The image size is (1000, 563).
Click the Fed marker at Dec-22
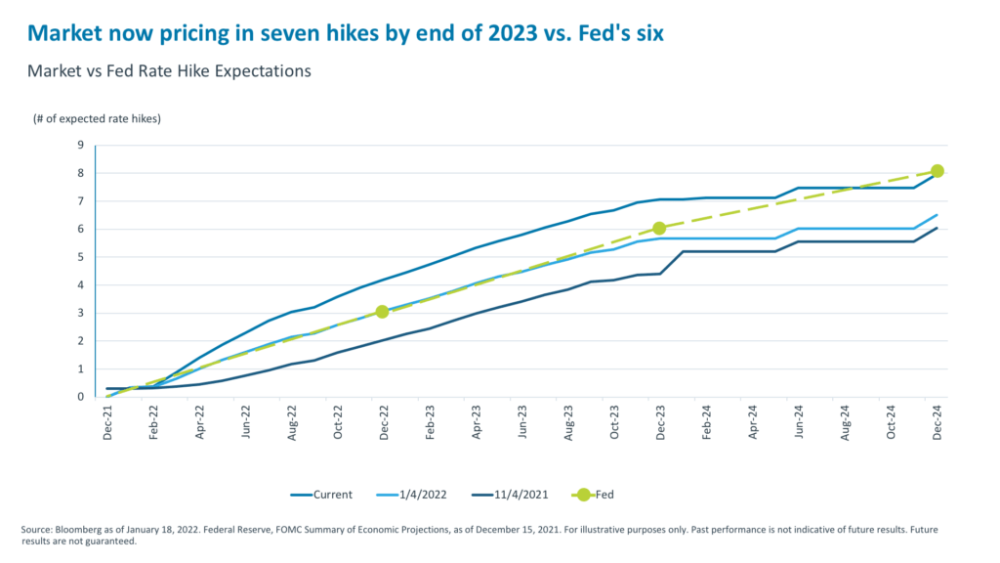pyautogui.click(x=382, y=312)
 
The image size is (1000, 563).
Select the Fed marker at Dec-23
pyautogui.click(x=659, y=228)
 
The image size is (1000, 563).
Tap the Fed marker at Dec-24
pyautogui.click(x=937, y=171)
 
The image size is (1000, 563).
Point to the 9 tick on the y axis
pyautogui.click(x=83, y=146)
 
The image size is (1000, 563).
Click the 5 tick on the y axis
pyautogui.click(x=83, y=257)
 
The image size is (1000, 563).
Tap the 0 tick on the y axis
pyautogui.click(x=83, y=397)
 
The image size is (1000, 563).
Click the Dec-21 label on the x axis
pyautogui.click(x=107, y=423)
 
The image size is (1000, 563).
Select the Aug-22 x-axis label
pyautogui.click(x=292, y=423)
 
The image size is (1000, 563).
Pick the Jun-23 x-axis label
pyautogui.click(x=523, y=423)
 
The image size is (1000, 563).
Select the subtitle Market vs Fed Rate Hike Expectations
pyautogui.click(x=169, y=70)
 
